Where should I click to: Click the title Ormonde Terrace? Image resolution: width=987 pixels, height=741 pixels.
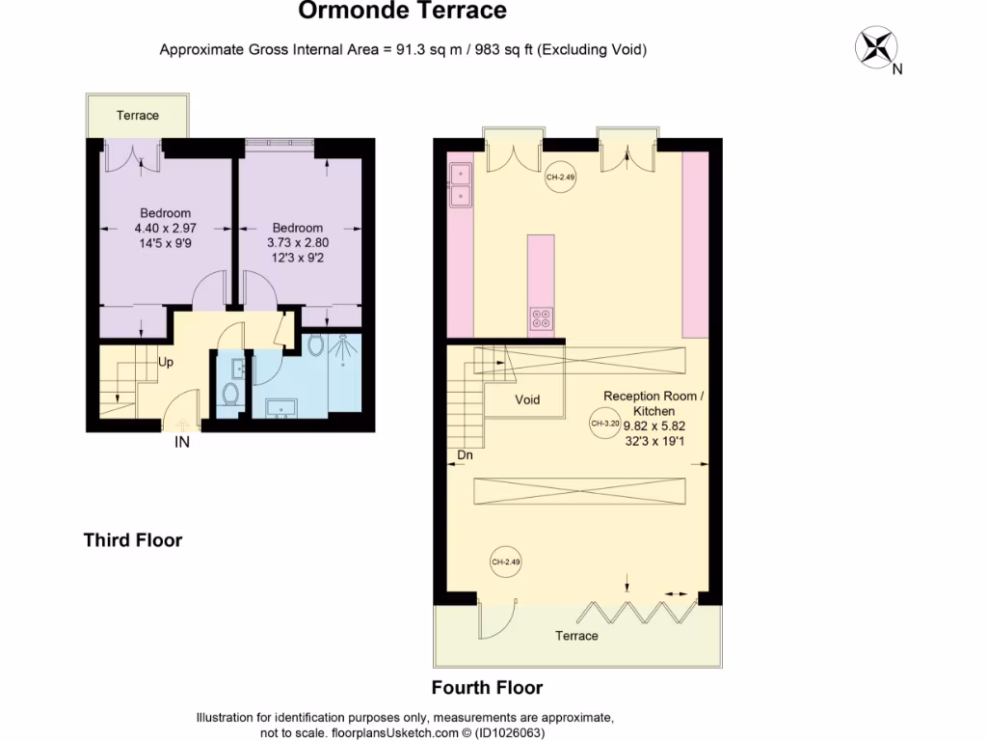[402, 12]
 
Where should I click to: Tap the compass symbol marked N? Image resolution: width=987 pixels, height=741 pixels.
[876, 46]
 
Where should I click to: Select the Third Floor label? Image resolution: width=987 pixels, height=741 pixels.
[132, 540]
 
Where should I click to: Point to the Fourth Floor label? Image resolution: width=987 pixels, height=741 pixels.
[487, 688]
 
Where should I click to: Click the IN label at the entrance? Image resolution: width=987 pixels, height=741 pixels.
[181, 443]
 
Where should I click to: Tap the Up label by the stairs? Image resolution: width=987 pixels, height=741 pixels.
[166, 364]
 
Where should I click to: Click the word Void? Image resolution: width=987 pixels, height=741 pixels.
[527, 399]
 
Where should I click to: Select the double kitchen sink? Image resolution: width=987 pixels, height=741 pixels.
[460, 184]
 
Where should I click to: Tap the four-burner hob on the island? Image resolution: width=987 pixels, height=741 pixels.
[541, 318]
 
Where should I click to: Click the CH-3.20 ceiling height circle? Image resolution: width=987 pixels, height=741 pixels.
[603, 424]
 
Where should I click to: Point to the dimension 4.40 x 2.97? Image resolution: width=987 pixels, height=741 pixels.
[165, 229]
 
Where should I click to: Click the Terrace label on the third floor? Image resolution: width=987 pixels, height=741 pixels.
[137, 116]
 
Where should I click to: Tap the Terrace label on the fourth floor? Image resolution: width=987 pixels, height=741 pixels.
[576, 636]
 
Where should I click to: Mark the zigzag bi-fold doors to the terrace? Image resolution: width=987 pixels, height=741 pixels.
[640, 611]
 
